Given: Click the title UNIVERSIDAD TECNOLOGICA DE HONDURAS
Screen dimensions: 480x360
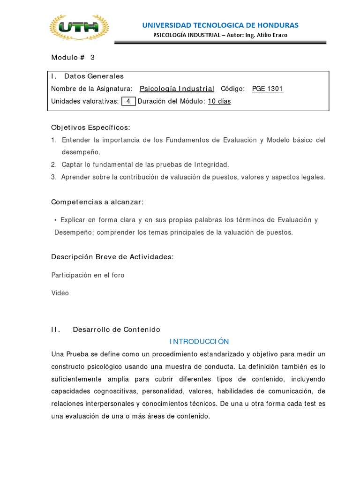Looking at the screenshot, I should (220, 25).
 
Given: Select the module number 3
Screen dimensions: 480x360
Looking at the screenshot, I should (92, 58).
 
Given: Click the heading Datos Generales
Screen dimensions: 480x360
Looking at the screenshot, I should (94, 76).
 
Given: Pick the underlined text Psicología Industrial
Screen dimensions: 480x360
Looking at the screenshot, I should (177, 89).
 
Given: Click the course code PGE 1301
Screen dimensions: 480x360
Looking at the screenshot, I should (267, 89).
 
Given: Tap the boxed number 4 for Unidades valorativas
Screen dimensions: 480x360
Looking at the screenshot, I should (128, 101).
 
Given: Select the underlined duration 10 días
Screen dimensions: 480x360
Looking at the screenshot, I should (219, 101).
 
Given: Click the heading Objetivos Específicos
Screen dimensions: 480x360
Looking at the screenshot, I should (90, 127).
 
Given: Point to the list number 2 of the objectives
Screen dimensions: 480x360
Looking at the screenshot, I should (53, 165).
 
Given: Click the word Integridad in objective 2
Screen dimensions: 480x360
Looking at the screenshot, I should (210, 165).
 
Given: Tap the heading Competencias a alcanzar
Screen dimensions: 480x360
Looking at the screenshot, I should (97, 202).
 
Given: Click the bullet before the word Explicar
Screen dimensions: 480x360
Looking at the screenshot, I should (56, 220).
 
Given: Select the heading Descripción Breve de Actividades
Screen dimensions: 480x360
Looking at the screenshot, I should (112, 257).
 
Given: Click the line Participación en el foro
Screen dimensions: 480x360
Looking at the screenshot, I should (88, 275).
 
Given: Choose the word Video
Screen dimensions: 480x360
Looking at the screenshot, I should (60, 293).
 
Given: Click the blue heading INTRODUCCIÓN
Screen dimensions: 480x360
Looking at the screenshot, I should (199, 341).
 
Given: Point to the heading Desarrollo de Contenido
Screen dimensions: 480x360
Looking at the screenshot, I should (116, 330).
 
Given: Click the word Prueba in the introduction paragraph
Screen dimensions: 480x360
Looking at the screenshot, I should (78, 354).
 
